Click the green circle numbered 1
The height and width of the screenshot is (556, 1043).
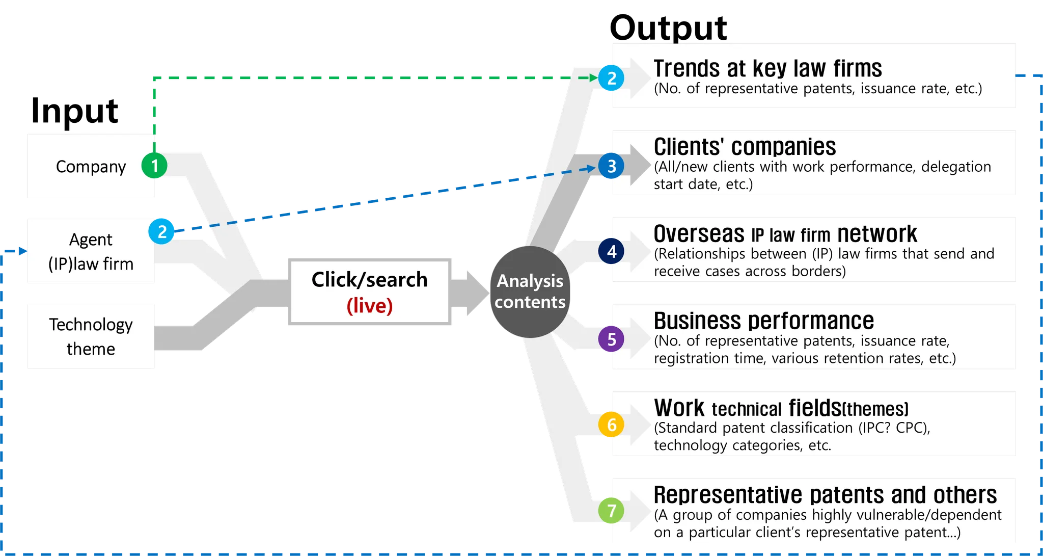pos(154,166)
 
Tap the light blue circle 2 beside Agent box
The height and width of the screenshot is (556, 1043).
pos(162,231)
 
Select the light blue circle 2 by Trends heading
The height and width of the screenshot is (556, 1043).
pos(612,78)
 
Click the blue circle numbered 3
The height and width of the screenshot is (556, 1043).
pos(612,166)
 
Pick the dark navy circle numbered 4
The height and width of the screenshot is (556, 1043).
pos(612,251)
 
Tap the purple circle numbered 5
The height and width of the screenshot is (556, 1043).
pos(612,339)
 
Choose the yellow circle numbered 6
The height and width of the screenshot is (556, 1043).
pos(612,425)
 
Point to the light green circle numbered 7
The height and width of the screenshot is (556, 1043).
pos(612,510)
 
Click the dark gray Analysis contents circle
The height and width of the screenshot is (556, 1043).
pos(530,292)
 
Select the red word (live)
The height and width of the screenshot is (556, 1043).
pos(369,306)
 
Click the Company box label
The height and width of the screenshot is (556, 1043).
pos(91,167)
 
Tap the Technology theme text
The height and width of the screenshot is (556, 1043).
pos(91,336)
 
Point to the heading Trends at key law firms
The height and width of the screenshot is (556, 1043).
pos(767,68)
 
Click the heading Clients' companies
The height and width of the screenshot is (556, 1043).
pos(745,147)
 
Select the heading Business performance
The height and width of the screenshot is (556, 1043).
pos(763,321)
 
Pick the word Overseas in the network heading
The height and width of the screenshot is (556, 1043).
pos(699,234)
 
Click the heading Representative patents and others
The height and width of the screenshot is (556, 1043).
pos(825,495)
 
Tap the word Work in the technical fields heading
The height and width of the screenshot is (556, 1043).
pos(679,408)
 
